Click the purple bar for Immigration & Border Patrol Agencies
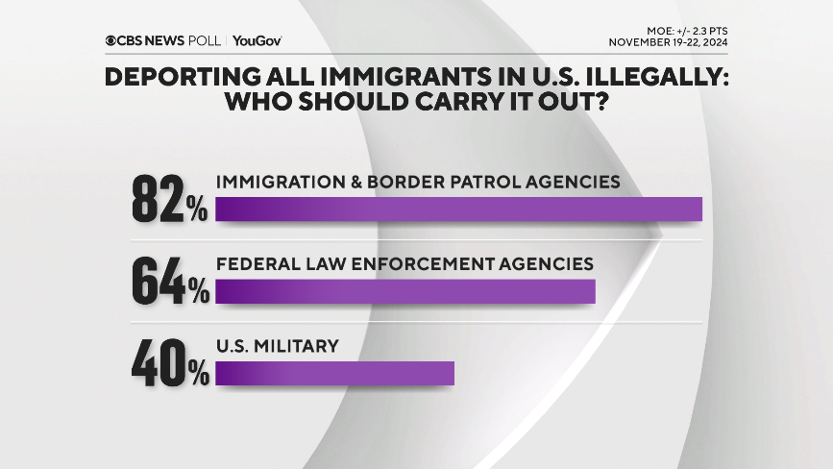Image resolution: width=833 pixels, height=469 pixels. (459, 209)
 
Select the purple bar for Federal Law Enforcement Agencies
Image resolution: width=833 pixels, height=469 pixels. (405, 291)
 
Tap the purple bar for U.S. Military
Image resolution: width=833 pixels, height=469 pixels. (334, 373)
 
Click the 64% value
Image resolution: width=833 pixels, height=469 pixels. (169, 280)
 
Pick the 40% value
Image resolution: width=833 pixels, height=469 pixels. (169, 361)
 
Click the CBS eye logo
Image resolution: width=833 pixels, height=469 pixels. (112, 40)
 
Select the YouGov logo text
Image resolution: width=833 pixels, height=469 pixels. (257, 40)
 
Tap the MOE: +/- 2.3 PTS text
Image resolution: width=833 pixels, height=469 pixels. (684, 30)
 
